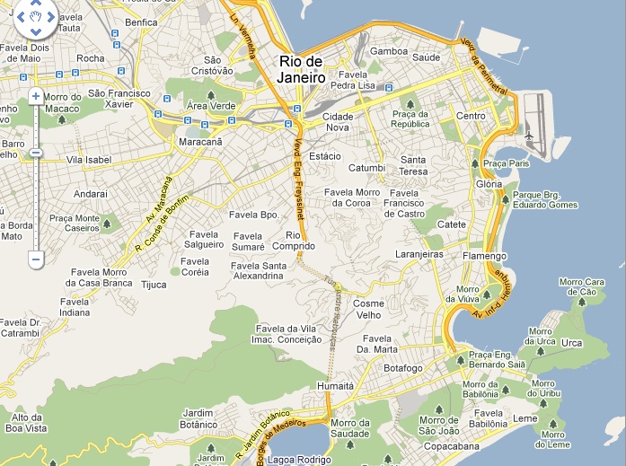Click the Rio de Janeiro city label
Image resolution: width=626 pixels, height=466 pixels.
301,68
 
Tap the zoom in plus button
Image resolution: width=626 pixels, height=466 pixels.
36,96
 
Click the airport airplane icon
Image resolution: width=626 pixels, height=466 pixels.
529,136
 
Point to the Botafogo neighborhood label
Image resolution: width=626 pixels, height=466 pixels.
402,368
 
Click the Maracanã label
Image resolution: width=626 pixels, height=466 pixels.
200,142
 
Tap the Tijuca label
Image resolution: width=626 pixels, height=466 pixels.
154,285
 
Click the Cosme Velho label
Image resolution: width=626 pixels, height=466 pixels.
368,309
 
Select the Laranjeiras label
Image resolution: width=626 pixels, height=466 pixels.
419,254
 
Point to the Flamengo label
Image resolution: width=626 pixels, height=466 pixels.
485,256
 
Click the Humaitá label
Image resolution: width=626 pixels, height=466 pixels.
336,385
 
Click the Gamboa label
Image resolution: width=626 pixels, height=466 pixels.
389,52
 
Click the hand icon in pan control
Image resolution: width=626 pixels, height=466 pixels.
36,16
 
